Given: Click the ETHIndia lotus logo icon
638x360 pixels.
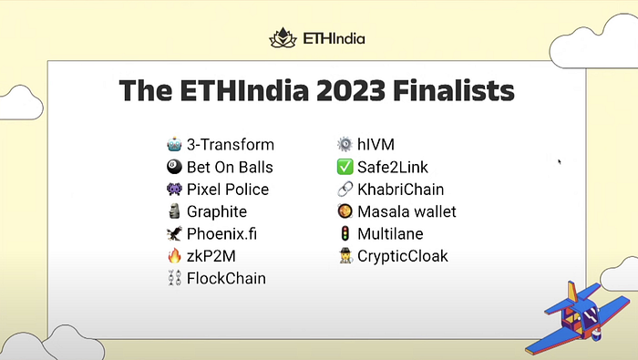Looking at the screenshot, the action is [x=283, y=38].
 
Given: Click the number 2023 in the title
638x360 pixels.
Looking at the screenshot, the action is [x=351, y=90].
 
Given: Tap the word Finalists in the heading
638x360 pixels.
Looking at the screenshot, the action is [x=454, y=90].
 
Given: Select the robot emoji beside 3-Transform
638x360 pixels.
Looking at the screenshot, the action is [x=174, y=144].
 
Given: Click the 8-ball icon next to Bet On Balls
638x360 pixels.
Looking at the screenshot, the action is [x=174, y=167].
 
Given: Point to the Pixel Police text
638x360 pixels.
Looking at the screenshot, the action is [x=228, y=190].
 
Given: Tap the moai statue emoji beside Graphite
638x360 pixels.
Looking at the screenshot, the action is [x=174, y=211].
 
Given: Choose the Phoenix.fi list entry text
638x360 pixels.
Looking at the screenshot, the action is [x=221, y=234].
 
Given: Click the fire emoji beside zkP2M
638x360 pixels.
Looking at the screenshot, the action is [x=174, y=256].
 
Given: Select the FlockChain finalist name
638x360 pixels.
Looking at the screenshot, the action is [x=226, y=279].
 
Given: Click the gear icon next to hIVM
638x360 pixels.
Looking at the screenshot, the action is [x=345, y=144].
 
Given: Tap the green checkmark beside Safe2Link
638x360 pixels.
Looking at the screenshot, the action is [x=345, y=167].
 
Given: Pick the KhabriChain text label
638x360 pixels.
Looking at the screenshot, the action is [x=401, y=190].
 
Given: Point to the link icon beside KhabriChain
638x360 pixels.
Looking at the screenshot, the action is [x=345, y=190].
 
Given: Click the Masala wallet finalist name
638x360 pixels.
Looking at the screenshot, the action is [x=406, y=211].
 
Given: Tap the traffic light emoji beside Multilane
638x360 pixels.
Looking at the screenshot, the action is [x=345, y=233].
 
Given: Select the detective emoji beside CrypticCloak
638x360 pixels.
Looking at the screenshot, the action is [x=345, y=256].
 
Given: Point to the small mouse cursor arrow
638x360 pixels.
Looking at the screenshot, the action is [x=560, y=161].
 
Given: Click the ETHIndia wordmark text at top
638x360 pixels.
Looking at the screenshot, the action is [x=334, y=38].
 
